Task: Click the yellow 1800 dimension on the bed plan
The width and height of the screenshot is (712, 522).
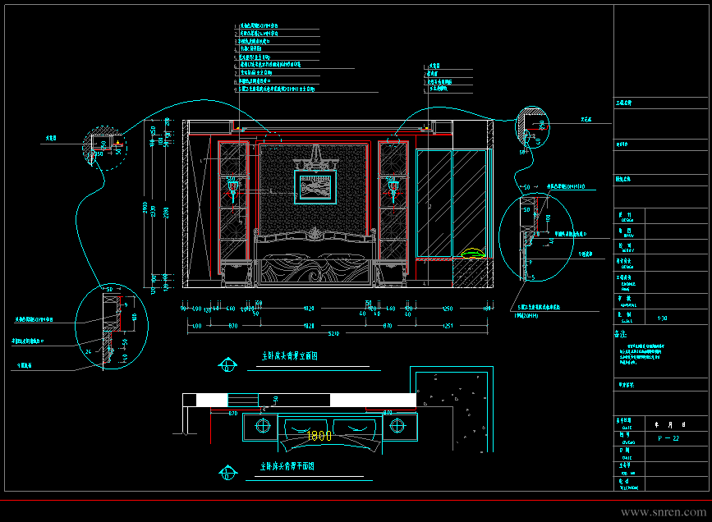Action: click(x=319, y=436)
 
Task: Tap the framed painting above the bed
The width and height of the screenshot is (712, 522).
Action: click(x=316, y=187)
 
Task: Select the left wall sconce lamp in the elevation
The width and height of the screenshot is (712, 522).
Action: click(x=232, y=190)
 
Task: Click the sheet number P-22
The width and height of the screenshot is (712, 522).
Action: click(x=669, y=439)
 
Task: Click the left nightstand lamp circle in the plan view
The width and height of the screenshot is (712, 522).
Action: click(x=264, y=425)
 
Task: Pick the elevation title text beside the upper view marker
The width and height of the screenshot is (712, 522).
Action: click(x=289, y=357)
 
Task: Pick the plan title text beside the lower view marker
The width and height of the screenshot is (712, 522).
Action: click(x=287, y=466)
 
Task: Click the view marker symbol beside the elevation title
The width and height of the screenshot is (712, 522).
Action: click(x=225, y=364)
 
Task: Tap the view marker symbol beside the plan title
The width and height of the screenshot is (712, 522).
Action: click(x=225, y=472)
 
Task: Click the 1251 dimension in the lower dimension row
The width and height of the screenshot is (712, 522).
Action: click(x=448, y=327)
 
